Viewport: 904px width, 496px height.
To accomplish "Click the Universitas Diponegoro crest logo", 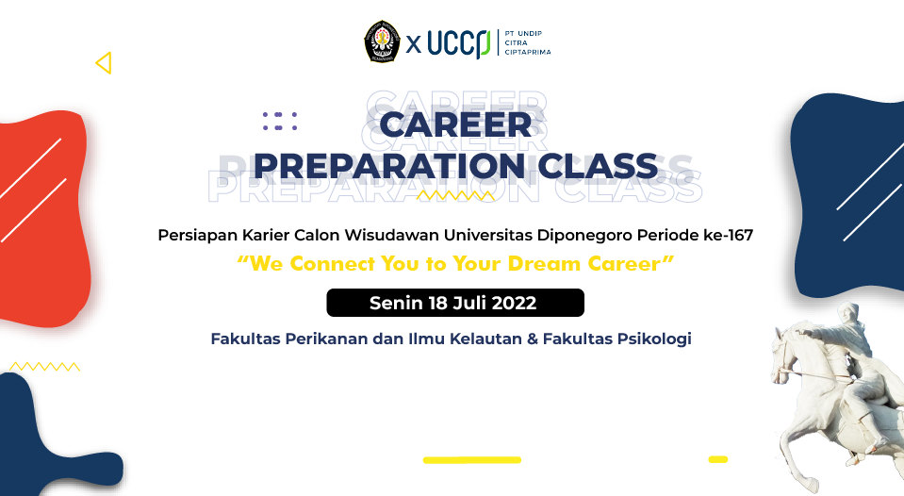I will [x=383, y=42].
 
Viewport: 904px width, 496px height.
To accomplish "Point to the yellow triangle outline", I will [x=104, y=63].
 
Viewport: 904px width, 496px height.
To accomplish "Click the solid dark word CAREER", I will [x=455, y=126].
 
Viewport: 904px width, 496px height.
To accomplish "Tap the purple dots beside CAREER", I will [x=280, y=121].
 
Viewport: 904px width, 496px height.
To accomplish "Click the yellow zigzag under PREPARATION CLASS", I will [x=455, y=196].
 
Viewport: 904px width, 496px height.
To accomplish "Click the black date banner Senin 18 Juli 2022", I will [x=455, y=303].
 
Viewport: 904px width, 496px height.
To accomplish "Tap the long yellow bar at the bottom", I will [x=471, y=460].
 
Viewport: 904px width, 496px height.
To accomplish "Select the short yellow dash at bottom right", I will [x=717, y=459].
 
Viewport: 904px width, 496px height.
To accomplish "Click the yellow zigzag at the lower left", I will [x=44, y=366].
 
